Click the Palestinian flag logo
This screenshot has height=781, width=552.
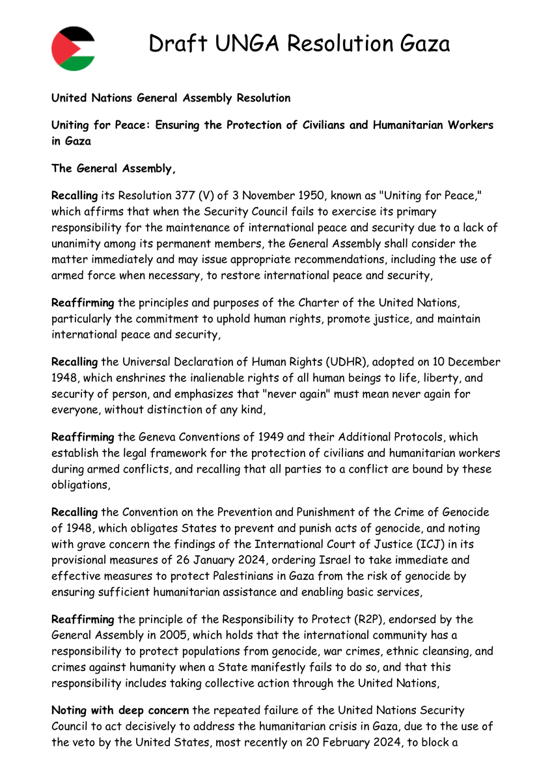[x=73, y=49]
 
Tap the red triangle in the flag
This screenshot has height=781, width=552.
[x=60, y=49]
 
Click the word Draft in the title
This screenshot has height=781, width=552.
[x=172, y=44]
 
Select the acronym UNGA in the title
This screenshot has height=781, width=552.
[x=245, y=44]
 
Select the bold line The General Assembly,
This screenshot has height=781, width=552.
[x=114, y=169]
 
